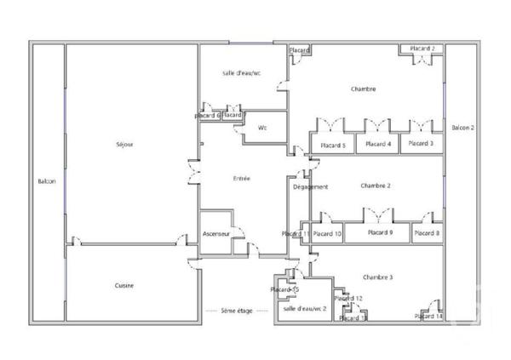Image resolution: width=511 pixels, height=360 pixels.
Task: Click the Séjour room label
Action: pos(124,144)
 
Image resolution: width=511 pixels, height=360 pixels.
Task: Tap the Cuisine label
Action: pos(124,285)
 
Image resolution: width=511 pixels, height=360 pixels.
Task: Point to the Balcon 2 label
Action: pos(462,128)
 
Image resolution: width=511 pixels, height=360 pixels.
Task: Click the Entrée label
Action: pos(242,178)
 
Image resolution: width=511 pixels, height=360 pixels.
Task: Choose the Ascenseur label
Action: pos(216,233)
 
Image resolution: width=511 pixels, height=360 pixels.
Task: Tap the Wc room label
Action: pos(262,128)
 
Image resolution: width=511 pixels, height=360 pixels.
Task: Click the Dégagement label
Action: pos(310,186)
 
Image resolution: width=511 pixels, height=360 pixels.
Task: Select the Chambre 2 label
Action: pos(375,186)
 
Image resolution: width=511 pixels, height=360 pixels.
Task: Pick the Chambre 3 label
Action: pos(377,277)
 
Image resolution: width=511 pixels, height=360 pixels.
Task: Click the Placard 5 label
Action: pos(332,145)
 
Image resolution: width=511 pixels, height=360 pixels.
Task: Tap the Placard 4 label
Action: pos(378,145)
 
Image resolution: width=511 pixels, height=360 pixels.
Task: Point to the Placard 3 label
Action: pos(421,144)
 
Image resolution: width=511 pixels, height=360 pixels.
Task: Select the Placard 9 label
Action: pos(380,232)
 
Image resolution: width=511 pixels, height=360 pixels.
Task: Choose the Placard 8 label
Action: pos(427,232)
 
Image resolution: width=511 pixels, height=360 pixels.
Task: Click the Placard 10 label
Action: pos(327,233)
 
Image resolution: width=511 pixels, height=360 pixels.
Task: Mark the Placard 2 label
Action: pos(422,49)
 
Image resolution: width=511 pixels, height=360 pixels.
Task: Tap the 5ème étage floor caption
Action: pos(237,311)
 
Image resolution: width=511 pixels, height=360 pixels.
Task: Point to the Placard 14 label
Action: pos(429,316)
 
